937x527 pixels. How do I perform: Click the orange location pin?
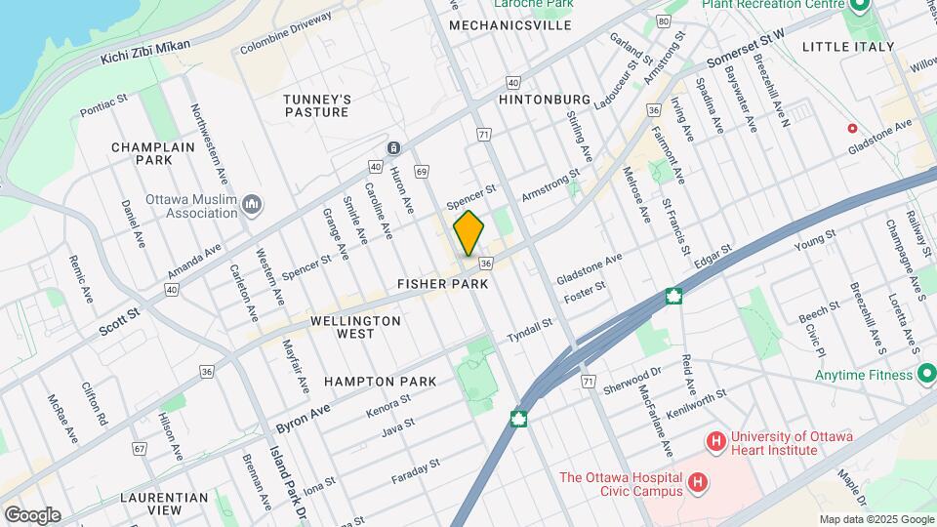coord(468,233)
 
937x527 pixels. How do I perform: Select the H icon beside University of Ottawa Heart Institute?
coord(716,442)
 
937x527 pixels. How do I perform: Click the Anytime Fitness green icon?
coord(926,374)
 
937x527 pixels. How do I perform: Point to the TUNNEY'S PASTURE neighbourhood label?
coord(316,105)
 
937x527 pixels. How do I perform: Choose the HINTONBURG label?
coord(545,100)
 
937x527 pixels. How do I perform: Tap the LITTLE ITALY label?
coord(847,46)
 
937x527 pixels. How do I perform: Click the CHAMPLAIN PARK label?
coord(153,153)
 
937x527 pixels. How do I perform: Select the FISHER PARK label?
coord(442,284)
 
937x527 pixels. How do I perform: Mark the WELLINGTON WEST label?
coord(356,327)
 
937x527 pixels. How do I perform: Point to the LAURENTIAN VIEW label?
coord(164,504)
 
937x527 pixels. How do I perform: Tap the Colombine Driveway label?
coord(285,44)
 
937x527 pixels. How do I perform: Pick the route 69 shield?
coord(422,172)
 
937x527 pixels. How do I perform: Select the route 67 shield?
coord(141,449)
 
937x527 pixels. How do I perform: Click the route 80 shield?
coord(664,20)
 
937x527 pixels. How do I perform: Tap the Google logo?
coord(32,515)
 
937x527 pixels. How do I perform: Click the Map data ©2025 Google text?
coord(876,519)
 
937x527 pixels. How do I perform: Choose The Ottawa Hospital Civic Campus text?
coord(621,484)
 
